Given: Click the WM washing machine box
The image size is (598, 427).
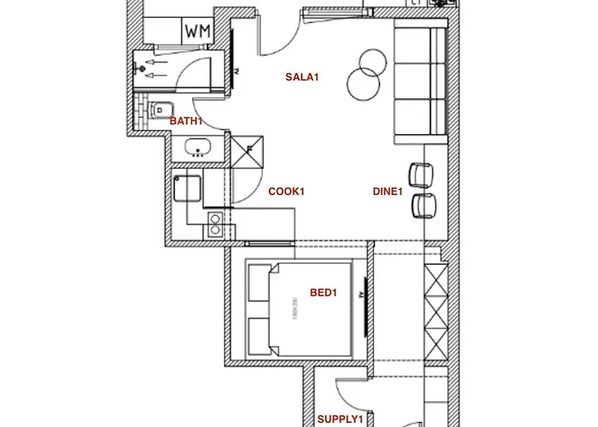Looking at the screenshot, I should (x=197, y=32).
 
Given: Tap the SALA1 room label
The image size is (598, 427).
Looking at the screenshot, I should (x=301, y=78).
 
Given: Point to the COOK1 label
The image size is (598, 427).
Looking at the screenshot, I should (x=286, y=191).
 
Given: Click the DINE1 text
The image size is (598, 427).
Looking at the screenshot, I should (x=387, y=191).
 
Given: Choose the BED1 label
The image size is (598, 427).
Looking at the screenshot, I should (x=324, y=293).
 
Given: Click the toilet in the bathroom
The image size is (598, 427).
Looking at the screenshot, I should (x=158, y=110).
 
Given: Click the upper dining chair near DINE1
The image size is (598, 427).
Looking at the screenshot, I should (x=421, y=173).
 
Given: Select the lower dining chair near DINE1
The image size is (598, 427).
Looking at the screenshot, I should (x=423, y=205).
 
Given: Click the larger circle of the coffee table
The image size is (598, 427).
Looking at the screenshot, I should (x=364, y=83).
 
